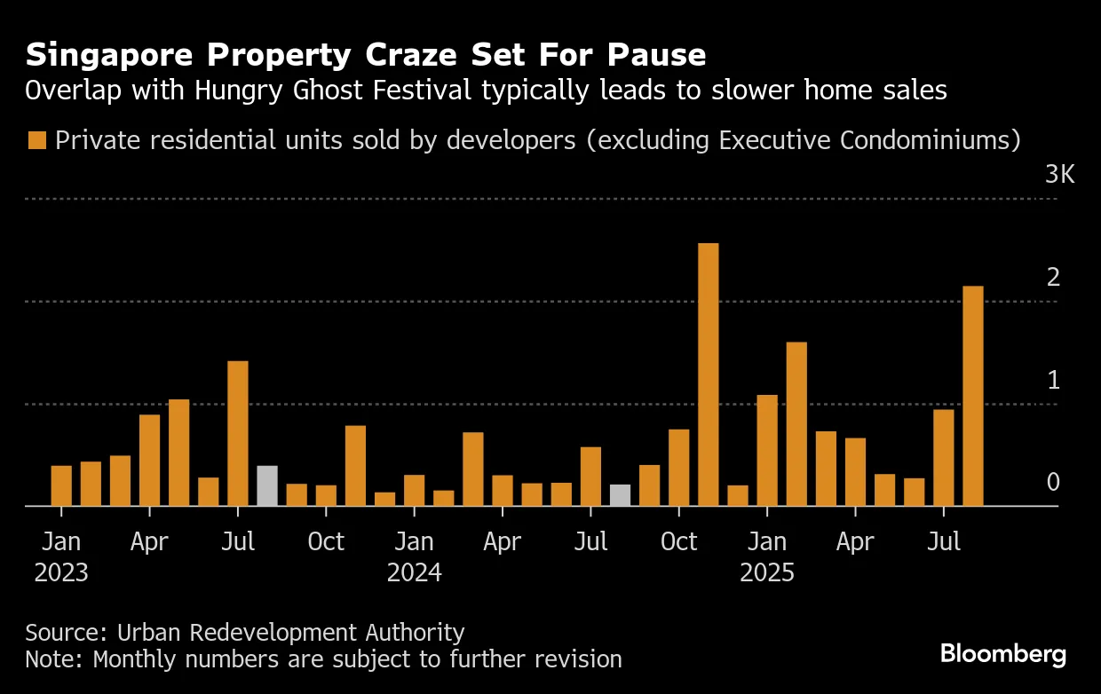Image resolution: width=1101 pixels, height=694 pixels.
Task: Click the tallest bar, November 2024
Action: [x=708, y=375]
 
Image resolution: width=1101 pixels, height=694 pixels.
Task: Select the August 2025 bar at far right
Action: [x=973, y=396]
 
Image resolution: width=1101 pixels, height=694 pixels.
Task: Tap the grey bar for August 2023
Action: [x=267, y=485]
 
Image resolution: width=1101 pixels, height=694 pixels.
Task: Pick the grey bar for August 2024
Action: [x=620, y=495]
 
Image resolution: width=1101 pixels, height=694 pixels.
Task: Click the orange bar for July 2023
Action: [x=238, y=433]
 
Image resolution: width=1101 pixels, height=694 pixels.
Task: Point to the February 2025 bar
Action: [x=796, y=424]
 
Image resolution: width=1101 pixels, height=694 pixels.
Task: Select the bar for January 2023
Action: [x=61, y=485]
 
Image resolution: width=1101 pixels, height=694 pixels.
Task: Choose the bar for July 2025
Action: [x=943, y=457]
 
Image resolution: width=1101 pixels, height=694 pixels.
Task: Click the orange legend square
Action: [x=36, y=140]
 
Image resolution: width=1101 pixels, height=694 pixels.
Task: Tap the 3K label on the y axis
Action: [x=1059, y=175]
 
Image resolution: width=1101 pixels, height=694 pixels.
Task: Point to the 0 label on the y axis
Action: [x=1053, y=483]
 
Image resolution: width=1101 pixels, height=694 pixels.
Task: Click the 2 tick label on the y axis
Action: [x=1053, y=278]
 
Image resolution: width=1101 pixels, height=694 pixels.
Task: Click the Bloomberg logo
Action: [x=1003, y=655]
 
